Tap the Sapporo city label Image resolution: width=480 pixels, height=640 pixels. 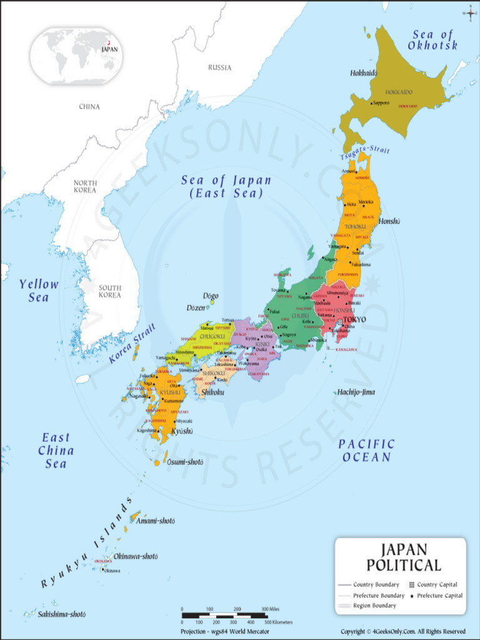pyautogui.click(x=381, y=103)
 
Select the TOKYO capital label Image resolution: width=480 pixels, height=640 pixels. pyautogui.click(x=354, y=319)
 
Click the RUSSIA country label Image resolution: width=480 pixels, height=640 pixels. pyautogui.click(x=219, y=67)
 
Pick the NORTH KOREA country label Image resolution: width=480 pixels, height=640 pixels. pyautogui.click(x=85, y=186)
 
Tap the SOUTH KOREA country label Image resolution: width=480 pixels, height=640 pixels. pyautogui.click(x=110, y=291)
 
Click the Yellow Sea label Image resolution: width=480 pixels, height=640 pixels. pyautogui.click(x=39, y=291)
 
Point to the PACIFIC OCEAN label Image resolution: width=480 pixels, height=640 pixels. pyautogui.click(x=366, y=450)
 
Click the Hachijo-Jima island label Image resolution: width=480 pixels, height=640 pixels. pyautogui.click(x=356, y=392)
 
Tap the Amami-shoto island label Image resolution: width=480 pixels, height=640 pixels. pyautogui.click(x=156, y=521)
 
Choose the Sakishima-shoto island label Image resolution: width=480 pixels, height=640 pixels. pyautogui.click(x=61, y=614)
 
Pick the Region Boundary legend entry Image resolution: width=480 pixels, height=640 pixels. pyautogui.click(x=374, y=606)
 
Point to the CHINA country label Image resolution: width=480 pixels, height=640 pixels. pyautogui.click(x=89, y=107)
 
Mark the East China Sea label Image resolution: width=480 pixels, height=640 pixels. pyautogui.click(x=56, y=450)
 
